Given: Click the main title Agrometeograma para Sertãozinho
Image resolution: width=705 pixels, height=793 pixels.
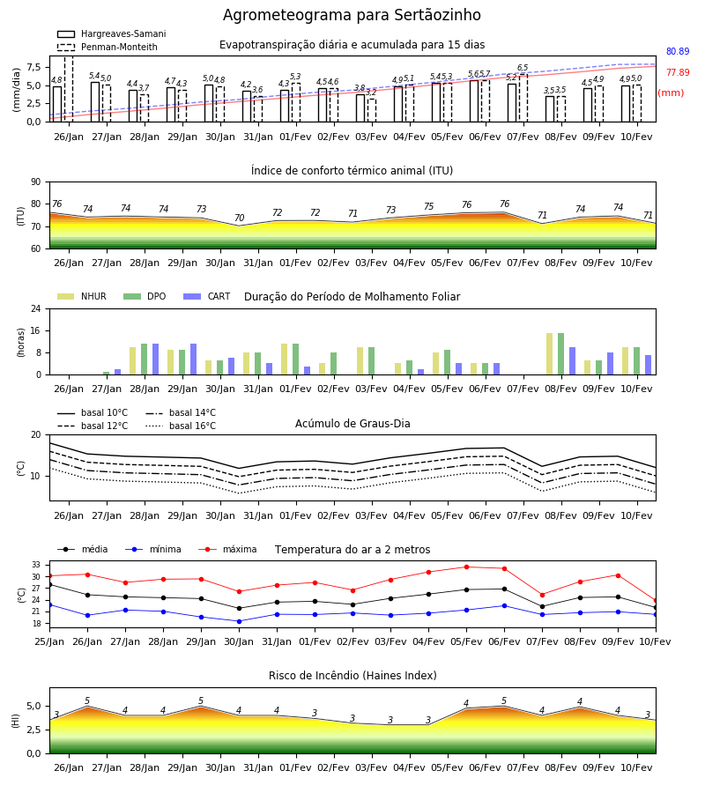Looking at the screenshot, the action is (352, 15).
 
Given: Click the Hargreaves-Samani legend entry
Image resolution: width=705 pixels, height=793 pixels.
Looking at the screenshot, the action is (111, 33).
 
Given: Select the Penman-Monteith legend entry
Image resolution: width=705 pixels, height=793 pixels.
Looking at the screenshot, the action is (108, 47).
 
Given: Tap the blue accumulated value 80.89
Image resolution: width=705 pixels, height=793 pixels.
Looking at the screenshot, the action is (678, 51).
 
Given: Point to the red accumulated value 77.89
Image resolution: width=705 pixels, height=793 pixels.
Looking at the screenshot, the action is (678, 72).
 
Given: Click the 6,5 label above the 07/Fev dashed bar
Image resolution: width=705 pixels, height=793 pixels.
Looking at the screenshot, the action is (523, 67).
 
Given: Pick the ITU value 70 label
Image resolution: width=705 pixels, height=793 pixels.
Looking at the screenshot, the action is (239, 218).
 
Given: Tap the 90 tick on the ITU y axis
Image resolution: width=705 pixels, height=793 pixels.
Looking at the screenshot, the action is (36, 182).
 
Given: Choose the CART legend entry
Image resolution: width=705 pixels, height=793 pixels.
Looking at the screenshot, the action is (207, 296).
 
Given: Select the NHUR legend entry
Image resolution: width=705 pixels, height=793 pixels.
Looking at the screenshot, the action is (82, 296).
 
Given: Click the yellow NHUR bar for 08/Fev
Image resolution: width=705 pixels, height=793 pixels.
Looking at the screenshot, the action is (550, 354).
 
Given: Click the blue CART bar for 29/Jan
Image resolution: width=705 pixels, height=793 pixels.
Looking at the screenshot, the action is (193, 359).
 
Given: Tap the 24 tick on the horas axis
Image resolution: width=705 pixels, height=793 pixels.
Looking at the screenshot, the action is (36, 308).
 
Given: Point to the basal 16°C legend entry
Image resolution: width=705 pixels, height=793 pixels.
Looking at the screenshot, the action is (181, 426).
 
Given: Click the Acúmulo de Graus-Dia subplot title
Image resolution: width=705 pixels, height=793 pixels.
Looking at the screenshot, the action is (352, 424).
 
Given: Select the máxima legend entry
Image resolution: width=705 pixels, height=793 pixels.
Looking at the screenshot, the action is (227, 549).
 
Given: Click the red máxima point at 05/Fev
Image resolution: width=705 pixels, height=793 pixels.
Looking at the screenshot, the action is (466, 567).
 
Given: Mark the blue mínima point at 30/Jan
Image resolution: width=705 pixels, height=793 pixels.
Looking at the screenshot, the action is (239, 621).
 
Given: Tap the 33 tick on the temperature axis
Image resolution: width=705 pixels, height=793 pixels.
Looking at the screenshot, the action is (36, 565).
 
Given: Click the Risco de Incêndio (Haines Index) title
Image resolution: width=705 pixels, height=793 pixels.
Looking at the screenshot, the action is (352, 676).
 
